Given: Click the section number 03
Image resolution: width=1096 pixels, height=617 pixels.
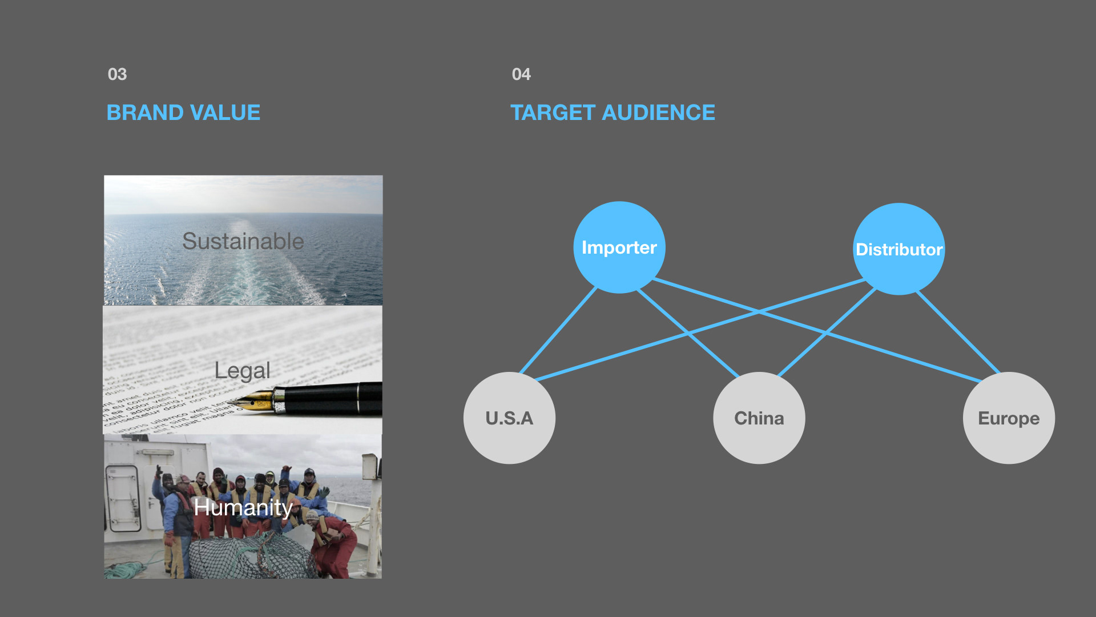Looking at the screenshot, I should (x=117, y=74).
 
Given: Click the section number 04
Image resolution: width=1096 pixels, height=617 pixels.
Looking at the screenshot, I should (x=521, y=74).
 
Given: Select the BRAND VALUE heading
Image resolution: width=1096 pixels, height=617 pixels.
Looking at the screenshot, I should (x=183, y=113).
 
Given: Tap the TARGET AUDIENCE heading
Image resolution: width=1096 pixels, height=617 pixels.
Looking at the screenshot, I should (x=612, y=113).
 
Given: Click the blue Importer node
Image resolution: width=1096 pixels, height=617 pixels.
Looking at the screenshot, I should (x=619, y=247).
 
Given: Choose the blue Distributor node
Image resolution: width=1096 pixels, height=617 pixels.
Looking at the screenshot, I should (x=898, y=249).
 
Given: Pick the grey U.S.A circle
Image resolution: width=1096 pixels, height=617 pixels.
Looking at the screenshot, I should (x=509, y=418).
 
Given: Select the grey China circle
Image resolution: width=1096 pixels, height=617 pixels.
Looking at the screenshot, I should (x=759, y=418).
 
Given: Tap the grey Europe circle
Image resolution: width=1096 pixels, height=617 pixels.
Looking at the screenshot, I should (x=1009, y=418).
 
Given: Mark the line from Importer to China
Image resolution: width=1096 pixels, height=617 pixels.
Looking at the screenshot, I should (x=662, y=311).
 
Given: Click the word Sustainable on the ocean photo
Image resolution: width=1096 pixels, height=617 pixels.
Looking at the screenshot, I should (x=243, y=241).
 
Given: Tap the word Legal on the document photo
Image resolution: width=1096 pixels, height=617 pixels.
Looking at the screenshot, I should (x=242, y=371).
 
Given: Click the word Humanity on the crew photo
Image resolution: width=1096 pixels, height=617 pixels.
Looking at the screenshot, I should (x=243, y=507).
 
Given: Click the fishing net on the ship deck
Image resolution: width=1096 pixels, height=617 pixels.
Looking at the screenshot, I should (x=245, y=557).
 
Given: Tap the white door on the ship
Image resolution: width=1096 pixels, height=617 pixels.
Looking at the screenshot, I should (x=123, y=497).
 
